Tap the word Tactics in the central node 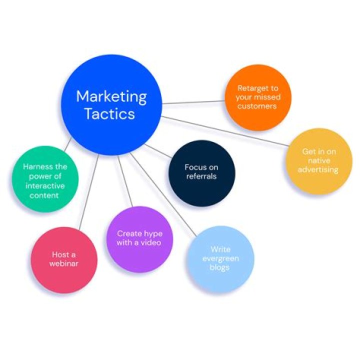click(109, 113)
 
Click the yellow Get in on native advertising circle click(319, 161)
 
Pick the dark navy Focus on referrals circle click(201, 173)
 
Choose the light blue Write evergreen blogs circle click(220, 258)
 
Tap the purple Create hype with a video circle click(139, 239)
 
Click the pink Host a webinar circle click(64, 259)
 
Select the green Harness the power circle click(45, 179)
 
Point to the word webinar click(64, 263)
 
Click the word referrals click(201, 176)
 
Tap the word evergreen click(220, 258)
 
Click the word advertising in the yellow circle click(319, 169)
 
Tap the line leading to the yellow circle click(225, 131)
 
